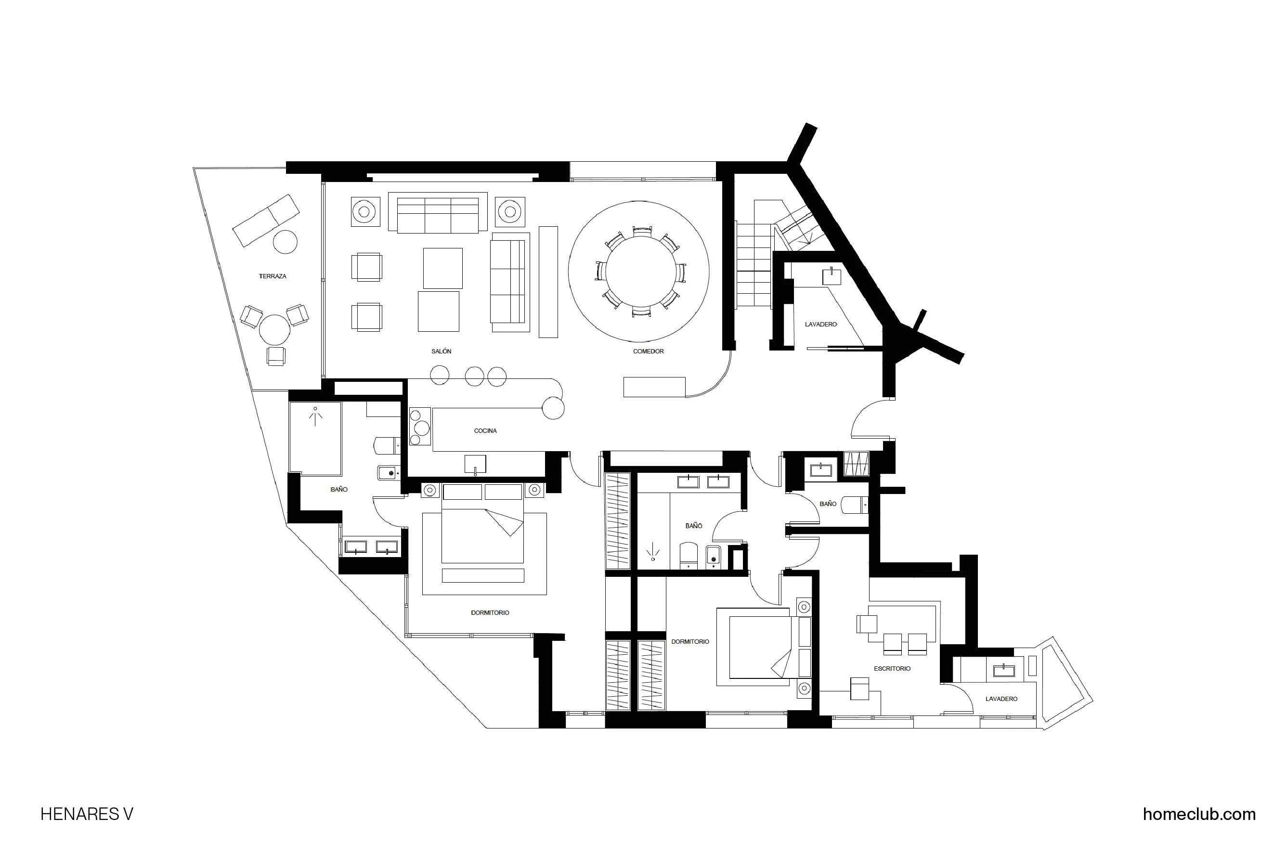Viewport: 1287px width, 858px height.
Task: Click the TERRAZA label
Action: pos(272,276)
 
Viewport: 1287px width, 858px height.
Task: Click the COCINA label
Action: pos(485,430)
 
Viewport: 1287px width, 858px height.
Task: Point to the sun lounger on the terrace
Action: pos(266,220)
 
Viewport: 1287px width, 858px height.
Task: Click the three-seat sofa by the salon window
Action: pos(438,215)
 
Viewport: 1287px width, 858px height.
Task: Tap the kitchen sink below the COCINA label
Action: pos(475,464)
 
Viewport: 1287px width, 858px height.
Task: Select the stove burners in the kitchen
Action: pos(420,427)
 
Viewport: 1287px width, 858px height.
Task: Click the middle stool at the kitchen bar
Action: pos(474,376)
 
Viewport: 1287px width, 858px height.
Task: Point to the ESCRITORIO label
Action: pos(892,669)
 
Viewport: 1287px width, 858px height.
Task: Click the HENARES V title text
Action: pos(87,814)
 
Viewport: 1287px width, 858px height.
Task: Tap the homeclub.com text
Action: pos(1199,814)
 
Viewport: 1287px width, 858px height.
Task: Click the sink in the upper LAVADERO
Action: pos(831,276)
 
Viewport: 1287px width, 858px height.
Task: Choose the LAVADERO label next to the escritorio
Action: pos(1001,699)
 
